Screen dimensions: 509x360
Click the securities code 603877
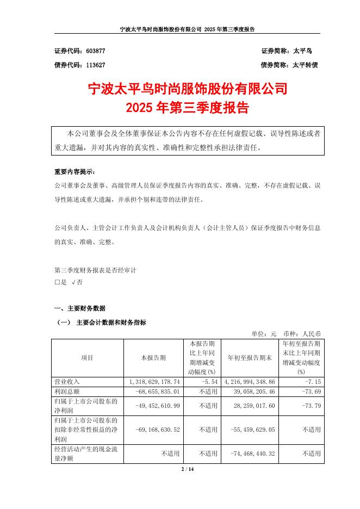pyautogui.click(x=96, y=51)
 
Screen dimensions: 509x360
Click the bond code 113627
pyautogui.click(x=96, y=64)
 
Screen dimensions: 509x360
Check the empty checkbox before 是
pyautogui.click(x=58, y=283)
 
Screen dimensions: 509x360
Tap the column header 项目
pyautogui.click(x=87, y=358)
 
